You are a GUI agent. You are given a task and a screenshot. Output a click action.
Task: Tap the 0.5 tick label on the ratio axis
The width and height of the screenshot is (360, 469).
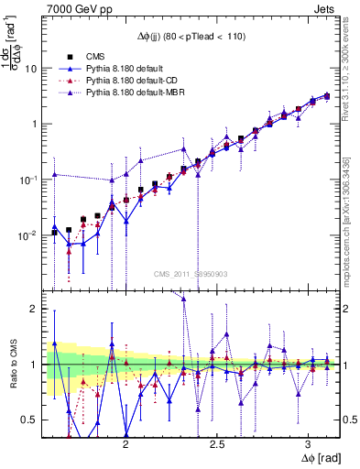(28, 420)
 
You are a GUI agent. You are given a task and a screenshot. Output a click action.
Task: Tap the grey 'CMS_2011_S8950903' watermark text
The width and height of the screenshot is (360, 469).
(191, 274)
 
